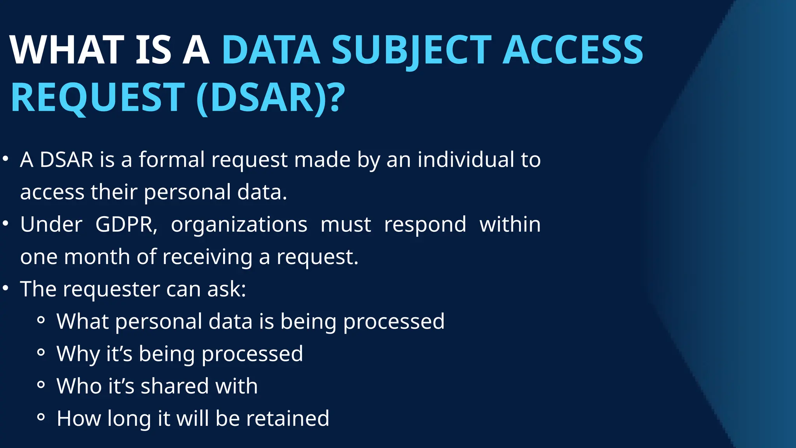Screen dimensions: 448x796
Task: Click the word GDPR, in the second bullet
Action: click(126, 224)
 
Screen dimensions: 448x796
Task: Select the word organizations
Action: click(239, 224)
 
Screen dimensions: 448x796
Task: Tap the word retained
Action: click(288, 418)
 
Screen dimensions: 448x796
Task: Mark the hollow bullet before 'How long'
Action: click(41, 418)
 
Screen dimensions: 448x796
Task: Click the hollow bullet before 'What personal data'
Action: click(41, 321)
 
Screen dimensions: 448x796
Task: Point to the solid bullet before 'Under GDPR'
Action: click(5, 224)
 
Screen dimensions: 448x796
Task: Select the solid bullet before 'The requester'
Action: click(5, 288)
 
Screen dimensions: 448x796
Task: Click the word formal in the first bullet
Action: click(172, 159)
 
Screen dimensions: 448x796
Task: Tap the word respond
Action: click(425, 224)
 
